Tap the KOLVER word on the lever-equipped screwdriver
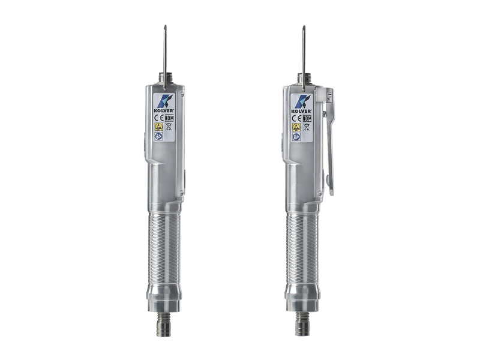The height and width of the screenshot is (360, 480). [302, 111]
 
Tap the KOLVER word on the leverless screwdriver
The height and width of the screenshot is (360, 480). [164, 110]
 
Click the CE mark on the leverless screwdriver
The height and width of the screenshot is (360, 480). [159, 118]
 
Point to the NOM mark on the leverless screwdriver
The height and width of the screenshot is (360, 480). [169, 118]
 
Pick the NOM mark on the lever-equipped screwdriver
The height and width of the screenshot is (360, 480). [307, 118]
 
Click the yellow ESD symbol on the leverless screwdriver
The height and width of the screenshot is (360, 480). [158, 127]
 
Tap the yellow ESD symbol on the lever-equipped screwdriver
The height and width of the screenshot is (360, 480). [296, 127]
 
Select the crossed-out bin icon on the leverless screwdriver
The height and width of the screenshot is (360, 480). [169, 127]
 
